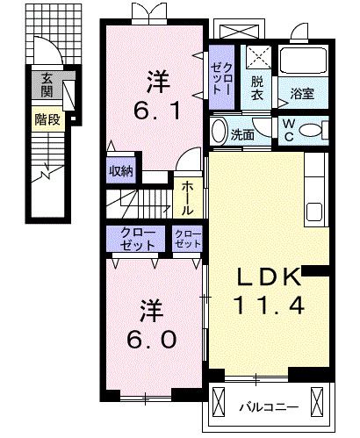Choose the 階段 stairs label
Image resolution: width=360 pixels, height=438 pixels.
pyautogui.click(x=47, y=119)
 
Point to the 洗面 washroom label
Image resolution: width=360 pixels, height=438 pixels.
pyautogui.click(x=242, y=134)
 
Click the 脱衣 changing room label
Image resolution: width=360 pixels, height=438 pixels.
pyautogui.click(x=257, y=87)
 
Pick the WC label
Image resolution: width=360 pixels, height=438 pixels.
pyautogui.click(x=287, y=130)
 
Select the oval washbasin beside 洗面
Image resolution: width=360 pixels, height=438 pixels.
pyautogui.click(x=220, y=132)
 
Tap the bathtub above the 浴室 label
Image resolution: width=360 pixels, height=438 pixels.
pyautogui.click(x=302, y=63)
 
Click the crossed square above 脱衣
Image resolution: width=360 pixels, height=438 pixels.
pyautogui.click(x=258, y=58)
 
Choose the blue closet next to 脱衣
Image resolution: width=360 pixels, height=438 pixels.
pyautogui.click(x=220, y=76)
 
